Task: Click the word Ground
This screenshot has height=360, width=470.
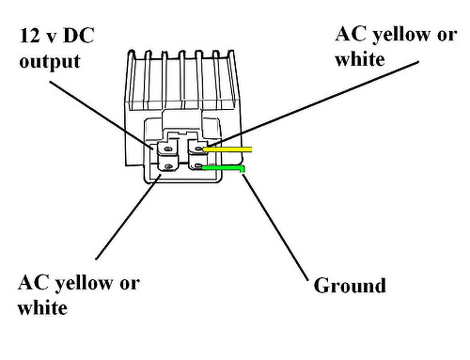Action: [x=350, y=286]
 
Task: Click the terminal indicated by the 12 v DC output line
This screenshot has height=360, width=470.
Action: [x=168, y=149]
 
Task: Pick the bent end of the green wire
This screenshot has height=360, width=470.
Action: [x=243, y=169]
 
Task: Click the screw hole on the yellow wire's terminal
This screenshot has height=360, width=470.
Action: [x=199, y=149]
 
